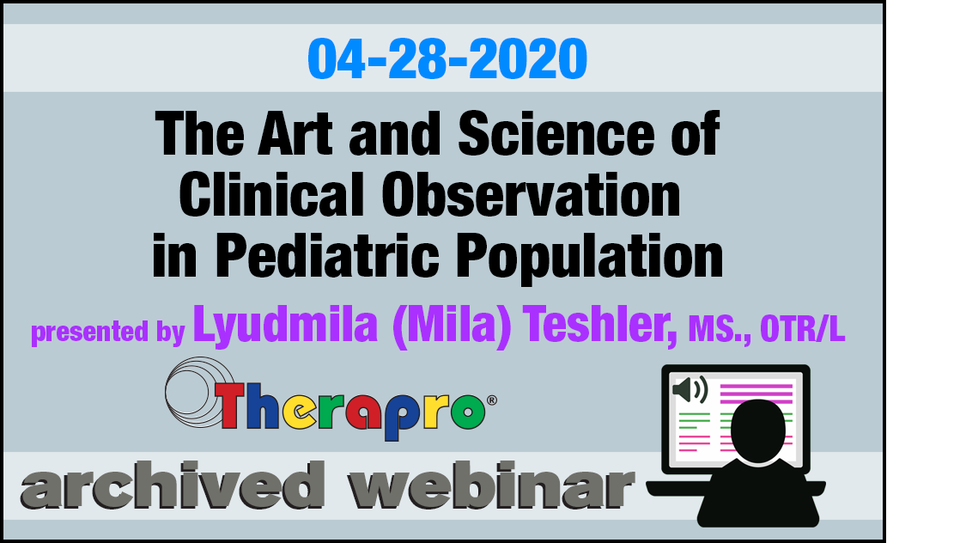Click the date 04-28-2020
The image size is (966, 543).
click(447, 59)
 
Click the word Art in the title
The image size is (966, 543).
click(295, 133)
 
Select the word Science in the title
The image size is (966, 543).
click(556, 133)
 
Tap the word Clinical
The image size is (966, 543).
click(271, 194)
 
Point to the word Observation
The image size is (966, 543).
click(531, 194)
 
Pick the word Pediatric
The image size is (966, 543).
click(327, 256)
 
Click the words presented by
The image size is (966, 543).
click(108, 332)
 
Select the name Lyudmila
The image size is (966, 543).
click(285, 326)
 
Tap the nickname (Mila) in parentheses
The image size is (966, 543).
click(452, 326)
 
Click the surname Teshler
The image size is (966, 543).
click(600, 325)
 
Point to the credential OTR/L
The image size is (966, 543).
click(802, 329)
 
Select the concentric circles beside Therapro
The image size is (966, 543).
click(198, 392)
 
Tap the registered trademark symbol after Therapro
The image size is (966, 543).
click(492, 400)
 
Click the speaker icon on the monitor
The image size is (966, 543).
click(690, 389)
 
